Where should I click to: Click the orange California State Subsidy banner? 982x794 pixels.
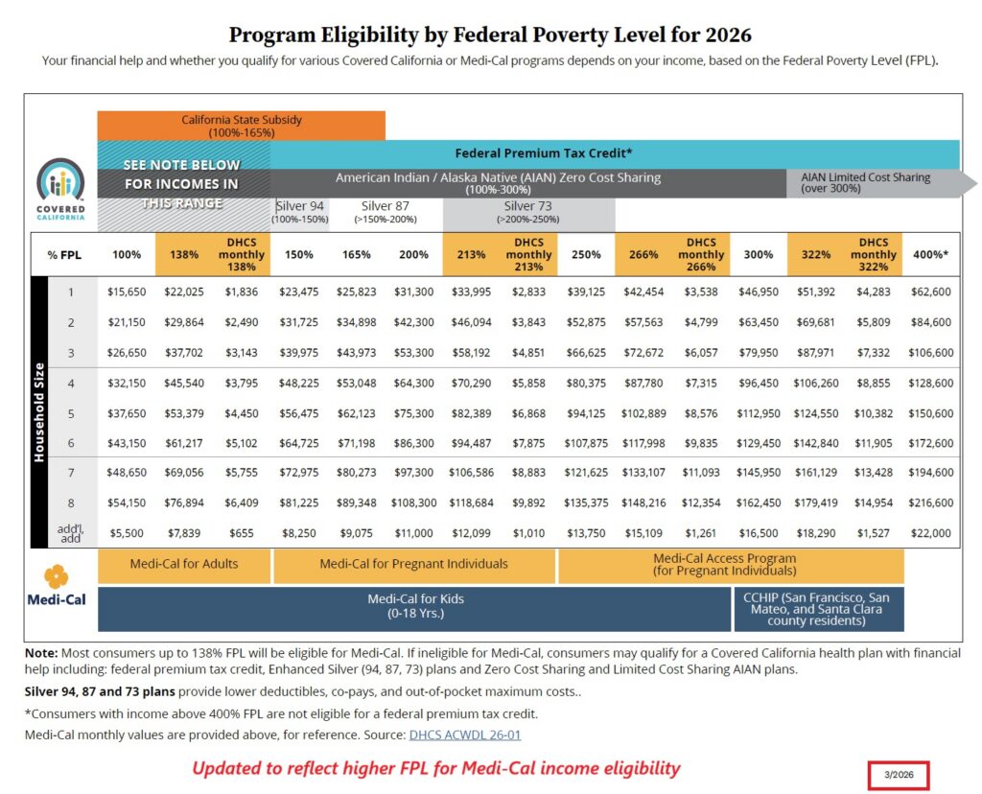click(241, 126)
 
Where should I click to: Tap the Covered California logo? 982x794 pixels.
click(60, 188)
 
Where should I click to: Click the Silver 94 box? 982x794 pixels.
click(299, 212)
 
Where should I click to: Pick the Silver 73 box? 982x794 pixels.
click(528, 212)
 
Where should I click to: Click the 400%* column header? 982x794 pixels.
click(931, 255)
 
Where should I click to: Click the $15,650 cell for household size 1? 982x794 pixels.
click(127, 292)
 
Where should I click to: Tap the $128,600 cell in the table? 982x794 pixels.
click(931, 383)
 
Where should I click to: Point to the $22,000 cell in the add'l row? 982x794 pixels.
click(931, 532)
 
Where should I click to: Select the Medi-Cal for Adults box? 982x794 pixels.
click(184, 564)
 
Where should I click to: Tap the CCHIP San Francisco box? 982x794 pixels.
click(817, 609)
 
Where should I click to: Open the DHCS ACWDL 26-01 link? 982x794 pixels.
click(464, 735)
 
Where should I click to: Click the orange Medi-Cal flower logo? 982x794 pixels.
click(56, 576)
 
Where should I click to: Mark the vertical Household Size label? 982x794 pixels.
click(40, 412)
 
